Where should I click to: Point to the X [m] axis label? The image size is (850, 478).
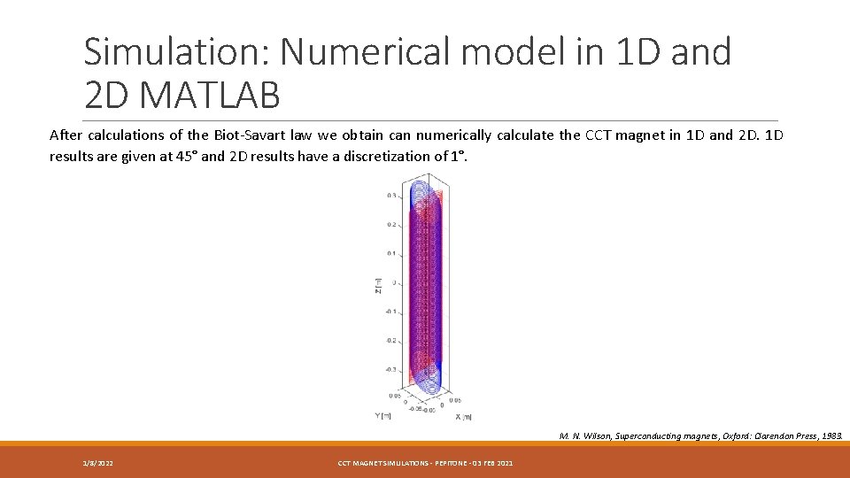point(464,416)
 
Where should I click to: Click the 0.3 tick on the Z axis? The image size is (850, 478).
point(391,196)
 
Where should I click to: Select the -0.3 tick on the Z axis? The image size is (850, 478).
point(390,369)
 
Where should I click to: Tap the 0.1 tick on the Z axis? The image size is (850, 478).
point(391,253)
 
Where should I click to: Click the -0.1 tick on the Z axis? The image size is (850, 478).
point(390,312)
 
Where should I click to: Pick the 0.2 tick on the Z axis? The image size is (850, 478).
point(391,225)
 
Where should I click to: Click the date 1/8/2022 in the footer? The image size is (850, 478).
point(97,463)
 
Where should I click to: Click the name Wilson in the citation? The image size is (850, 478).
point(594,436)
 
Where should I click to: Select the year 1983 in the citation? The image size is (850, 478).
point(832,436)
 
